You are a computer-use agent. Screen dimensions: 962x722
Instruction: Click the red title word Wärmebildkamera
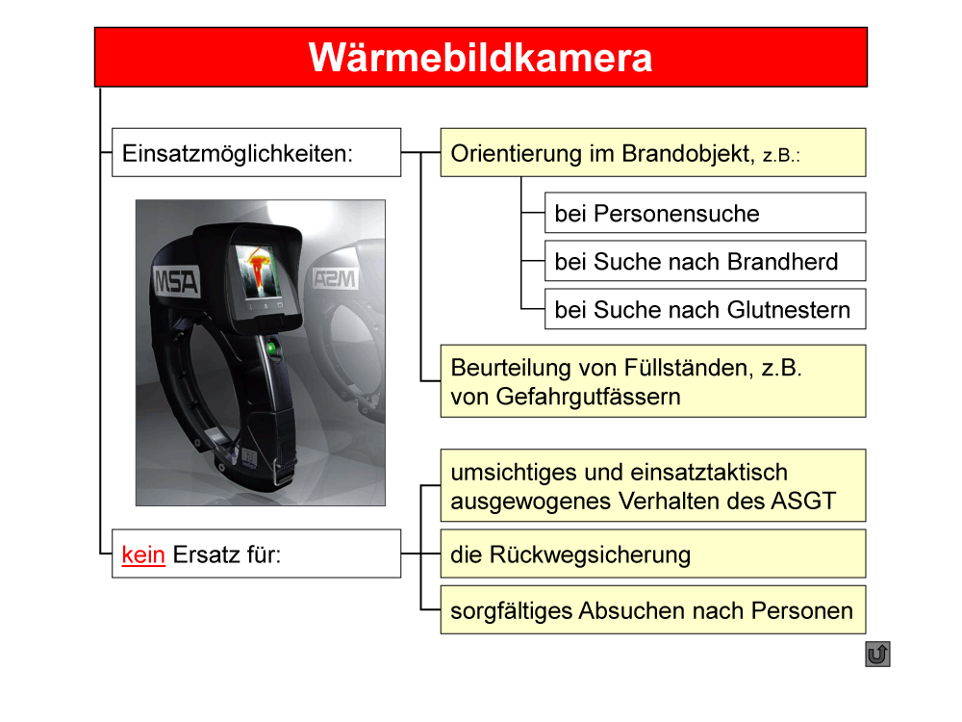pos(480,58)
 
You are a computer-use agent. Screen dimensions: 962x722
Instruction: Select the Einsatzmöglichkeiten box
pos(257,152)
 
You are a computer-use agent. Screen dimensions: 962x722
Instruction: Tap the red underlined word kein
pos(143,554)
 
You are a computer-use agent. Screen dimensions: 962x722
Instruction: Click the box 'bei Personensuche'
pos(705,213)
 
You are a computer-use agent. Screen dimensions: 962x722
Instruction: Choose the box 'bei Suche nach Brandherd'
pos(705,261)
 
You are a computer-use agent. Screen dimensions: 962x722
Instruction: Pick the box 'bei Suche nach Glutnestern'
pos(705,309)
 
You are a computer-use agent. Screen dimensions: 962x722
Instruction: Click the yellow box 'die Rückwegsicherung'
pos(653,554)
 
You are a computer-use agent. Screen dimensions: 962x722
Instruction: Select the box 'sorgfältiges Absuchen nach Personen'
pos(653,609)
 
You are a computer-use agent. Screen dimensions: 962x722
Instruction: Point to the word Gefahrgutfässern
pos(589,398)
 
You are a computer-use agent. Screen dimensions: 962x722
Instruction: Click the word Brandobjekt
pos(688,153)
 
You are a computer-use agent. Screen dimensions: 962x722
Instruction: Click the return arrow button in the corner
pos(877,654)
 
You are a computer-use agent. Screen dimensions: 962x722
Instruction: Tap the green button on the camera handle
pos(270,348)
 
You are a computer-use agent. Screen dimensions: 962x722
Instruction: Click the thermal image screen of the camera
pos(258,272)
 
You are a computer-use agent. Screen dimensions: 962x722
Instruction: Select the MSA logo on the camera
pos(176,282)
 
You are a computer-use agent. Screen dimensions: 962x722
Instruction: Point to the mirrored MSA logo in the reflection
pos(335,278)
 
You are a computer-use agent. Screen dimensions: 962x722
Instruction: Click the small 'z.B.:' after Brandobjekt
pos(781,155)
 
